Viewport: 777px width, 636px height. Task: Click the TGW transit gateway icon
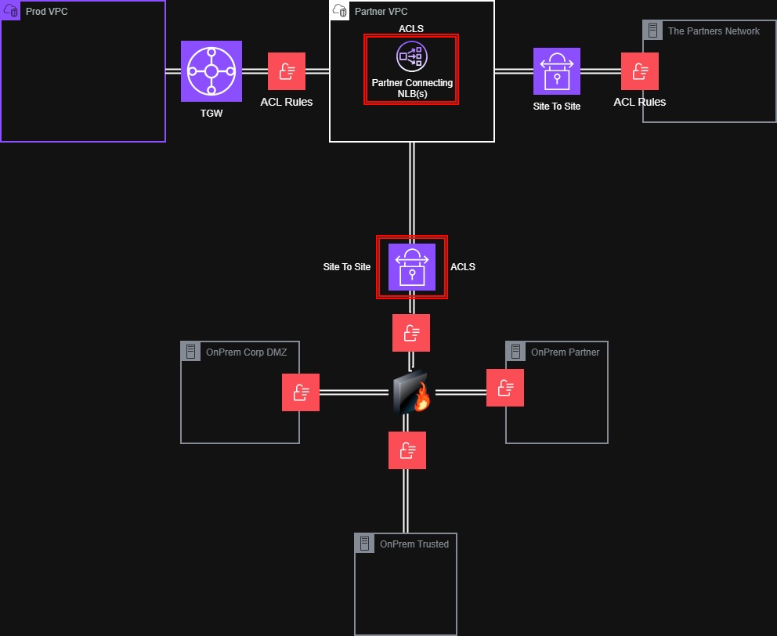[x=211, y=71]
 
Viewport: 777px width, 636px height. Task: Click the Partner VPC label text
[x=381, y=12]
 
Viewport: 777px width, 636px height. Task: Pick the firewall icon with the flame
[x=411, y=392]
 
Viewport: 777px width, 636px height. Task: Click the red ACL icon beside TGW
[x=287, y=71]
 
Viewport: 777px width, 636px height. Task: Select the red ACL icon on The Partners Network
[x=640, y=71]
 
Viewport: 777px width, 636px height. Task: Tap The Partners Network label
[x=714, y=31]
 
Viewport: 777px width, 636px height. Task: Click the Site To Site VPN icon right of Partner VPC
[x=557, y=71]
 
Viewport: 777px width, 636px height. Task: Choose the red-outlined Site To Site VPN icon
[x=412, y=267]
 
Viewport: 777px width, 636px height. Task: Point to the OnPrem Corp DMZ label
[x=246, y=352]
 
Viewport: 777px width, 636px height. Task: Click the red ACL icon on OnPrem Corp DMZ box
[x=301, y=392]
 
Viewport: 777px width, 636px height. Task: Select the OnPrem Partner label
[x=565, y=352]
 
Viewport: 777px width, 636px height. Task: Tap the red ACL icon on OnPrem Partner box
[x=505, y=388]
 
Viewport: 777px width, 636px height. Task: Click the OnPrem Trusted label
[x=414, y=544]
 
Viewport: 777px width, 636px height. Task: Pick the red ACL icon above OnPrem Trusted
[x=407, y=450]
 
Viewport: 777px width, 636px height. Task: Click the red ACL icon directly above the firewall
[x=411, y=333]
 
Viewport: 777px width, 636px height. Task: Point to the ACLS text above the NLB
[x=411, y=29]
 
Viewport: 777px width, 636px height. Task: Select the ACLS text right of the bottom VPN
[x=463, y=267]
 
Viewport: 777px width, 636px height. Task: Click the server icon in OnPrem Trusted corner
[x=364, y=543]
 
